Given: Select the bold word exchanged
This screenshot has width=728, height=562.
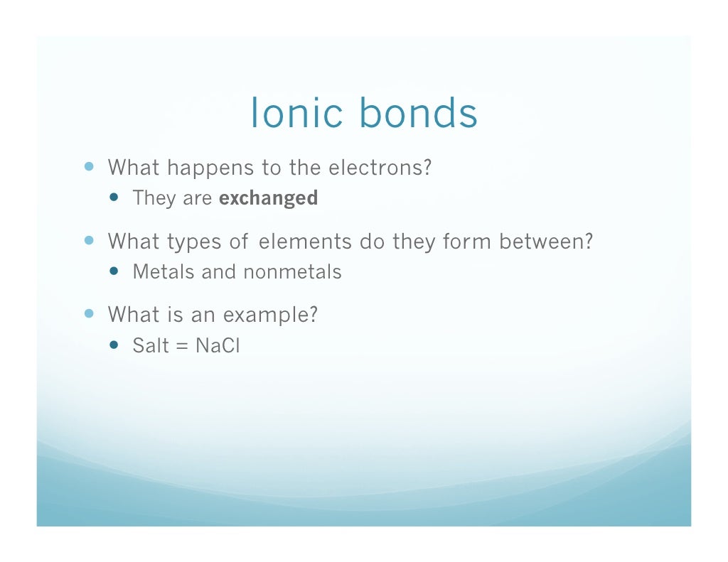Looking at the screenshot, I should (268, 198).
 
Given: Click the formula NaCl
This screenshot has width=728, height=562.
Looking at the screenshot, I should (218, 346).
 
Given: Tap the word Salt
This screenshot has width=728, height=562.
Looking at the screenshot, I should (151, 346).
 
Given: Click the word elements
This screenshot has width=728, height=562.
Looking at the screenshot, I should (305, 242).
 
